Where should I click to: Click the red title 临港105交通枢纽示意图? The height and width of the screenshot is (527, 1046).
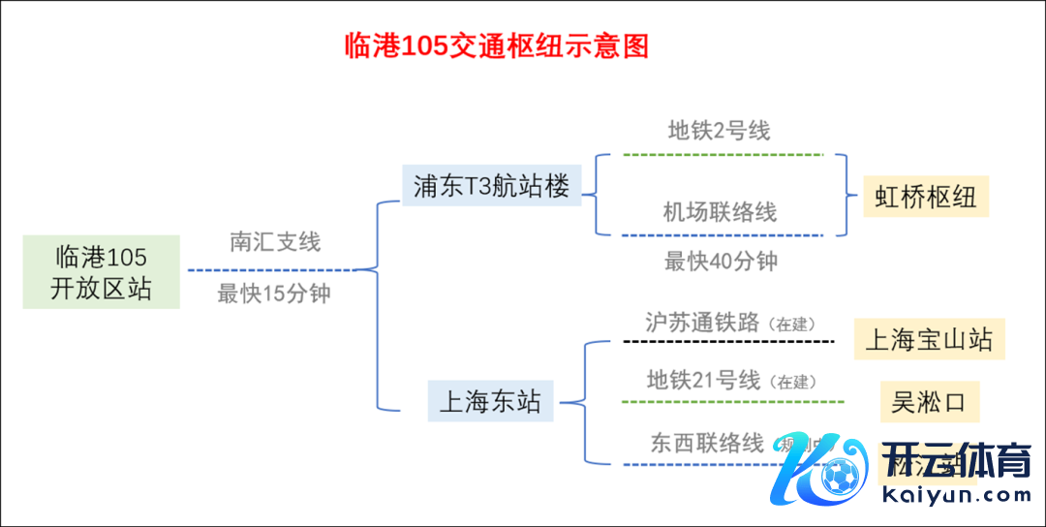497,46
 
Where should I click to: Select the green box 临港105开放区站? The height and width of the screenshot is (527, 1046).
102,272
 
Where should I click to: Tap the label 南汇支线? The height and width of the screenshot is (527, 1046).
275,241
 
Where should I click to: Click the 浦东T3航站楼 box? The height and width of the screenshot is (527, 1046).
491,186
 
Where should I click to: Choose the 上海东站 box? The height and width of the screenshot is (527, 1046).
490,401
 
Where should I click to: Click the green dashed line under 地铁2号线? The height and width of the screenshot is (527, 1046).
723,154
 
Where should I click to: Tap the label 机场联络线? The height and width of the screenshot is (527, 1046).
720,212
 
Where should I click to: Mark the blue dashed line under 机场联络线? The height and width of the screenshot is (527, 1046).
723,235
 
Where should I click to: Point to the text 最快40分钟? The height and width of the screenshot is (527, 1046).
721,262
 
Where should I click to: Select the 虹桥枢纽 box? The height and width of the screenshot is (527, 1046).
925,198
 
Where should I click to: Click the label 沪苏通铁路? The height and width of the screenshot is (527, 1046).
702,323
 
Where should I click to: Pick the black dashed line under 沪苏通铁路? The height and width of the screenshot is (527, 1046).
728,342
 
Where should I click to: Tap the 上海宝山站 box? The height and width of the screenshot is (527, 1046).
929,340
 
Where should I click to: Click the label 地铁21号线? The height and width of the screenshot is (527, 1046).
703,380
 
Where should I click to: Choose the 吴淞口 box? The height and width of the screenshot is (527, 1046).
929,401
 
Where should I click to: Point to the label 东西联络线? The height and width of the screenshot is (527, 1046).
707,444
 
